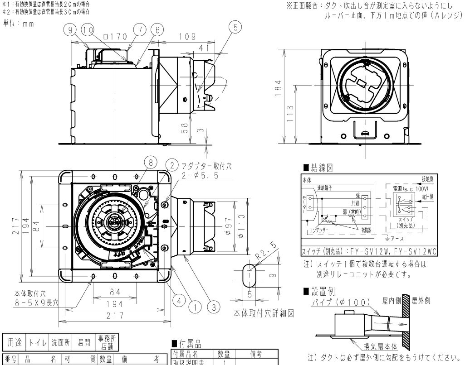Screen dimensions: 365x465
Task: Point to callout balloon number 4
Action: (181, 300)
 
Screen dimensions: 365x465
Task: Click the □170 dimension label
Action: (112, 37)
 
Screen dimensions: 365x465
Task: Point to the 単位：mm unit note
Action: (19, 24)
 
